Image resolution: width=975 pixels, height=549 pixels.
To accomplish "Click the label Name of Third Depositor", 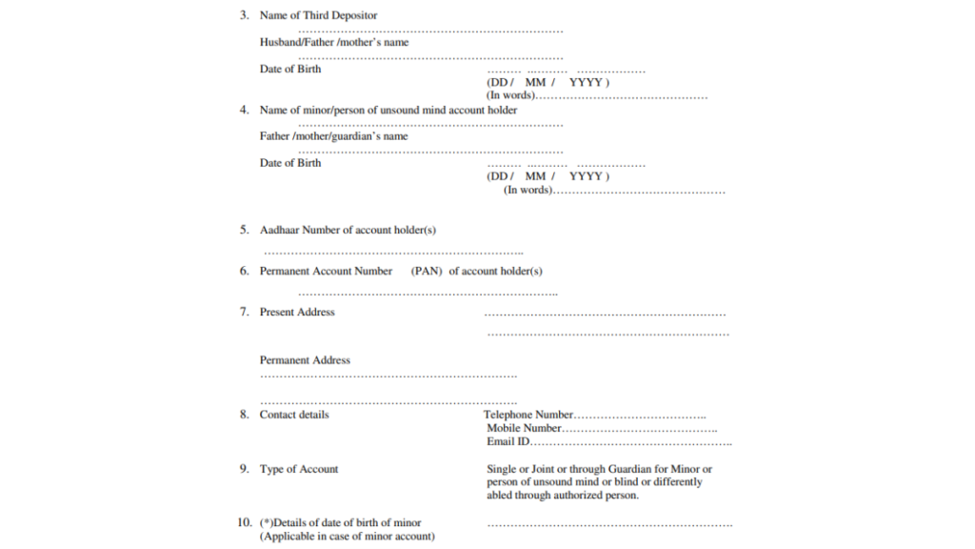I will point(318,15).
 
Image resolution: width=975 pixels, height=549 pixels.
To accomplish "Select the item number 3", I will point(244,15).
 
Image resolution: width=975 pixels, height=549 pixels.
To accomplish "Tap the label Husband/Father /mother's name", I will point(334,42).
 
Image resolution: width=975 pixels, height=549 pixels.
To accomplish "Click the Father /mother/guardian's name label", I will point(333,136).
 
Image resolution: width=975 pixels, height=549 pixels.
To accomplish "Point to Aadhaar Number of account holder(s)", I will point(348,230).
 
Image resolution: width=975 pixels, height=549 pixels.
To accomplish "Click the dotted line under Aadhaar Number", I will point(393,253).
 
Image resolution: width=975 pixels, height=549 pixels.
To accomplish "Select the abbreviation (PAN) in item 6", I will point(428,271).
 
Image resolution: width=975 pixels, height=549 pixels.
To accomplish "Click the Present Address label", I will point(297,312).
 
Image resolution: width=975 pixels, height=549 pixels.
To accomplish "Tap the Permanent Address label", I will point(305,360).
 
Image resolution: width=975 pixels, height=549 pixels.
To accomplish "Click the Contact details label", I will point(294,415).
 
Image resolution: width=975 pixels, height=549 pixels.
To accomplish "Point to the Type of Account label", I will point(299,469).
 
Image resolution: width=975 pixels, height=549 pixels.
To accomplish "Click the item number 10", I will point(245,522).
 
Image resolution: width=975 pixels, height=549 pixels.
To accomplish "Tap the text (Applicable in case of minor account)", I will point(348,537).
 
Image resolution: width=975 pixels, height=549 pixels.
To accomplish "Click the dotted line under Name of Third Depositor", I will point(430,30).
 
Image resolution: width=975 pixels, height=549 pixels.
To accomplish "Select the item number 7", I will point(244,312).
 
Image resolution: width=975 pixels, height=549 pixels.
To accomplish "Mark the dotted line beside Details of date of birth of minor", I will point(609,524).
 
